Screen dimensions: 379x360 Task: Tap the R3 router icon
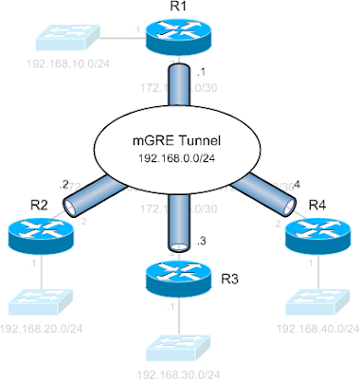(x=178, y=279)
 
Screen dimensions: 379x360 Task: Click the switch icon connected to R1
(x=60, y=41)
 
